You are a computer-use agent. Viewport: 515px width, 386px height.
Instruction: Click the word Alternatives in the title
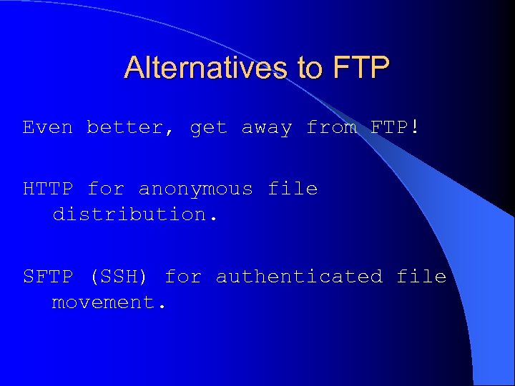(207, 68)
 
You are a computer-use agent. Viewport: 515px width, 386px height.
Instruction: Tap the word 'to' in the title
(310, 68)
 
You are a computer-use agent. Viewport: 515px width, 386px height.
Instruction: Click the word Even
(48, 128)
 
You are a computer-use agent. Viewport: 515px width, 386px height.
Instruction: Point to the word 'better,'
(131, 128)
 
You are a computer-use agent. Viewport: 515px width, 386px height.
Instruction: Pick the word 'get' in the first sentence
(208, 129)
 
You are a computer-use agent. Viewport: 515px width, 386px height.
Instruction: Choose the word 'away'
(267, 129)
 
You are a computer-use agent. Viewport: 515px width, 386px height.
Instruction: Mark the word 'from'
(331, 128)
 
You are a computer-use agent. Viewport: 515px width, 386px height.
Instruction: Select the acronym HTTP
(48, 189)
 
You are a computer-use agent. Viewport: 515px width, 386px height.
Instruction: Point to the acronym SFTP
(48, 277)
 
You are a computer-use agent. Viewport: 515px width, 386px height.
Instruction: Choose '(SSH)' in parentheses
(119, 277)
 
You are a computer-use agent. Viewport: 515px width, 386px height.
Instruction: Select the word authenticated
(299, 277)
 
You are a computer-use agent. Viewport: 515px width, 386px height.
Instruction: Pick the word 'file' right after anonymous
(293, 189)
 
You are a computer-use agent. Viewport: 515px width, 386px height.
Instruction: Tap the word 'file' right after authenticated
(421, 277)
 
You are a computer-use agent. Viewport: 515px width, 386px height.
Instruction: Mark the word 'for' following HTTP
(106, 189)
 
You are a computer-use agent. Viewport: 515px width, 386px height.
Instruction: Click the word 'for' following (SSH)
(183, 277)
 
